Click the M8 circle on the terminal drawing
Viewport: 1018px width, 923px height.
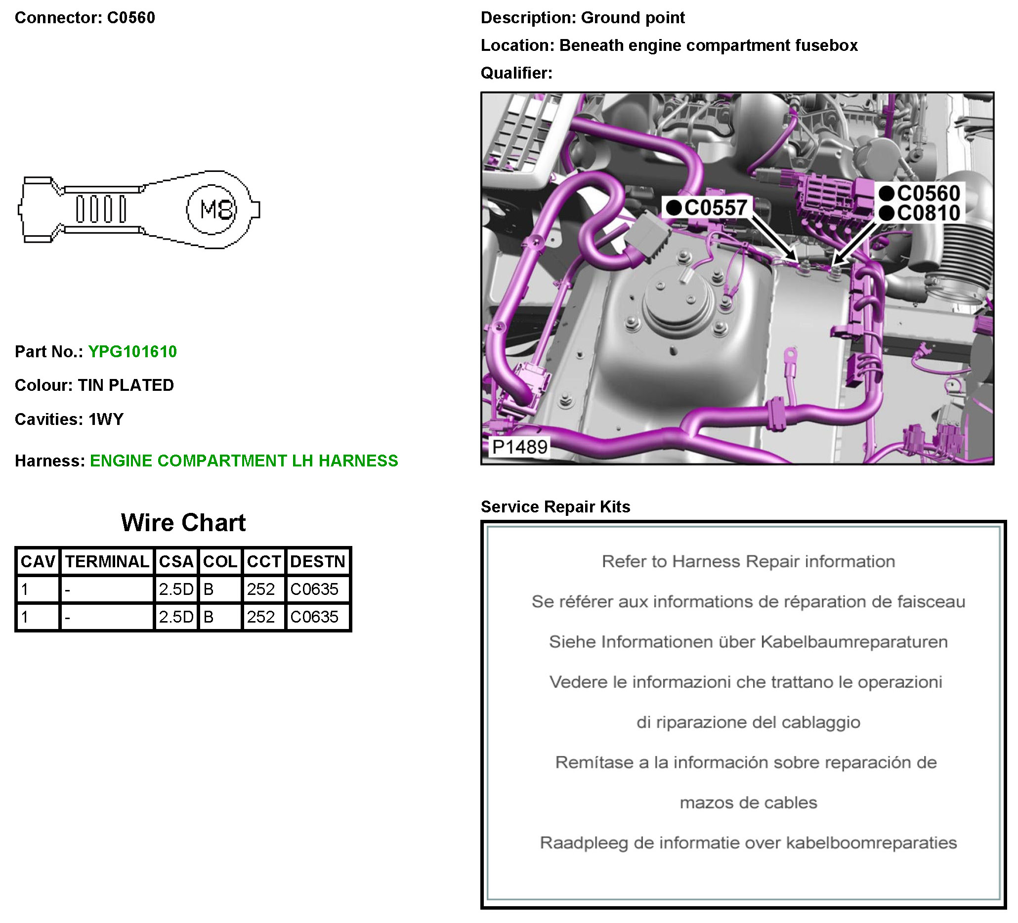coord(212,210)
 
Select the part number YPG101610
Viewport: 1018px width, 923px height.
coord(133,351)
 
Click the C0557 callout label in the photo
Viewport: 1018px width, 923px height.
coord(707,208)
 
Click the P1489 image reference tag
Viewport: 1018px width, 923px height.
coord(519,447)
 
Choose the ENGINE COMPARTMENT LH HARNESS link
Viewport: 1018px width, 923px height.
coord(244,461)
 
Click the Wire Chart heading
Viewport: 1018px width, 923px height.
coord(183,523)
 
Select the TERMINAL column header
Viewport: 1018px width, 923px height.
coord(107,561)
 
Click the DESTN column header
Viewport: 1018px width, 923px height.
coord(318,561)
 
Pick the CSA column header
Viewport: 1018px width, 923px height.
coord(176,561)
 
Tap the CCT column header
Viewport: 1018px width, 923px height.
coord(263,561)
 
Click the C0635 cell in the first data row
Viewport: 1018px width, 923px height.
coord(314,589)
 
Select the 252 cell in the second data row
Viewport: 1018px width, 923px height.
coord(260,617)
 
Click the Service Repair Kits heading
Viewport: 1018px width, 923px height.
coord(555,506)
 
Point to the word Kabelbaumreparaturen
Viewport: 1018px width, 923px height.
coord(854,642)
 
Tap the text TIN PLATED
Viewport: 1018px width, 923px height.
coord(126,385)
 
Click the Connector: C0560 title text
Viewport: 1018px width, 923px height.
coord(85,18)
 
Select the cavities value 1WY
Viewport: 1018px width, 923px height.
coord(106,419)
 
